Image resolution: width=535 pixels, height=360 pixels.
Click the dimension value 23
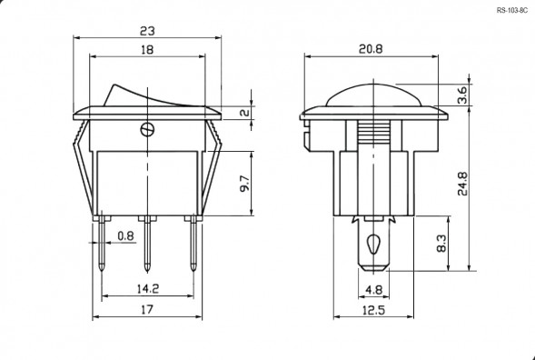pos(147,30)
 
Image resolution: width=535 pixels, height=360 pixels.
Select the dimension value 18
pos(147,52)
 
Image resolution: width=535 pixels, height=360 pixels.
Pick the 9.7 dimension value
pos(244,184)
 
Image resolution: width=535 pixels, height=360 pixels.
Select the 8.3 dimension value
pos(441,244)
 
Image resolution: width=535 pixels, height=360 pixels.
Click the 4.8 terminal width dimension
pos(373,291)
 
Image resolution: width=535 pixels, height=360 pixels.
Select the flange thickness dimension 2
pos(244,113)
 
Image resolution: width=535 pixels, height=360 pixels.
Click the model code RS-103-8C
pos(512,11)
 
